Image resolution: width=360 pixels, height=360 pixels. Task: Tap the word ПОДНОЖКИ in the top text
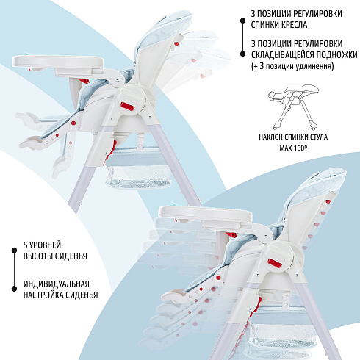(x=337, y=55)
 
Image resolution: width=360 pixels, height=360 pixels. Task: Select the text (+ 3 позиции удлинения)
(x=292, y=66)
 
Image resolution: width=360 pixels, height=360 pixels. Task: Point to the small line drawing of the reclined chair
(x=293, y=107)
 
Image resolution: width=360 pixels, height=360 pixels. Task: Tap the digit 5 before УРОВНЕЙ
(x=26, y=245)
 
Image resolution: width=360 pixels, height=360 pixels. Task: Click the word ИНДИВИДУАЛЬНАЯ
(x=57, y=284)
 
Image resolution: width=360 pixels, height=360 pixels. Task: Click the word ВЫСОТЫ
(x=37, y=256)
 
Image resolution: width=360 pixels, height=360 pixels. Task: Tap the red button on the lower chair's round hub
(x=275, y=264)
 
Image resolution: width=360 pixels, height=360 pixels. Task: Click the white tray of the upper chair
(x=58, y=62)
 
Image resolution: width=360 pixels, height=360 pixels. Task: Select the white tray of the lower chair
(x=205, y=213)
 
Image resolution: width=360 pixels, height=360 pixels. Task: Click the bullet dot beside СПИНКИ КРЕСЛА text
(x=242, y=21)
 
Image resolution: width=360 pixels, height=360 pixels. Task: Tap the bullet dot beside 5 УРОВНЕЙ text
(x=14, y=251)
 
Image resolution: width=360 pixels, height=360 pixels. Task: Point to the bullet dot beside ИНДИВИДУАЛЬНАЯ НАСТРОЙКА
(x=14, y=289)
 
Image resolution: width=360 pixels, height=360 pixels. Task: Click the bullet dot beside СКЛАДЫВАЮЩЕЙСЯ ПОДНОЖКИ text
(x=242, y=54)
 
